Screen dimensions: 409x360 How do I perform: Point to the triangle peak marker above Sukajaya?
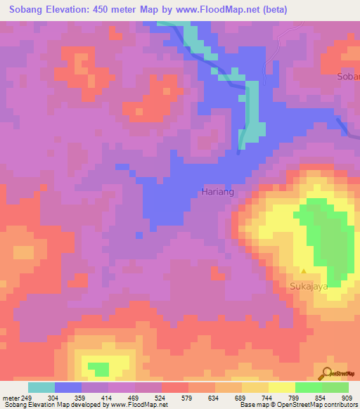(x=304, y=271)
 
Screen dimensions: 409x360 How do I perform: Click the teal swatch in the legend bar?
(x=41, y=387)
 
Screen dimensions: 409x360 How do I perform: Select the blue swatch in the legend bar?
(x=68, y=387)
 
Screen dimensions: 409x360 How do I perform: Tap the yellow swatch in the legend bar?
(x=282, y=387)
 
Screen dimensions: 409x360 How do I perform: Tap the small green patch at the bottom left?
(x=99, y=368)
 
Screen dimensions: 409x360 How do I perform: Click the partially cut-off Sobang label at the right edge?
(x=349, y=76)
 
